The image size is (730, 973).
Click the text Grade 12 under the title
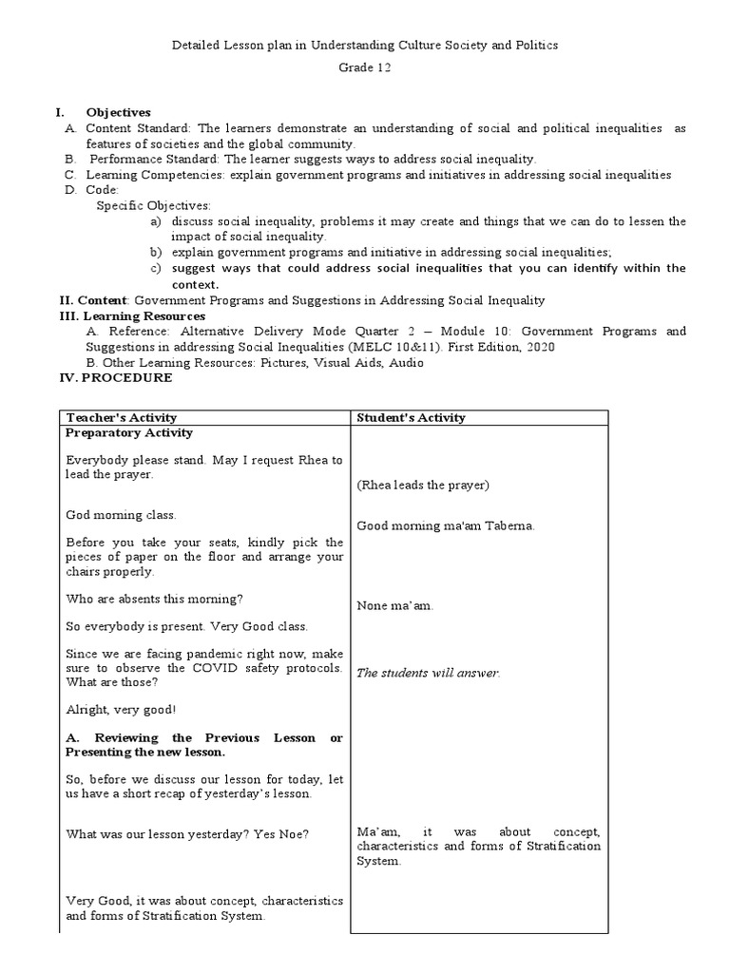365,68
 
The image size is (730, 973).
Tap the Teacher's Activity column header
121,418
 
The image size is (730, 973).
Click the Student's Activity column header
411,418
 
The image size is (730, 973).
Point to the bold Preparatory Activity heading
128,433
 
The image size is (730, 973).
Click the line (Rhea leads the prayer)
423,486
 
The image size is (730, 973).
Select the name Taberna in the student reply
510,526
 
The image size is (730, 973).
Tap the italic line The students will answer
428,673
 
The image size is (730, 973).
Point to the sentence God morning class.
121,515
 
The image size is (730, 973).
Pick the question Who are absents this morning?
154,599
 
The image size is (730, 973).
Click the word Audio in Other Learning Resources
405,362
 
